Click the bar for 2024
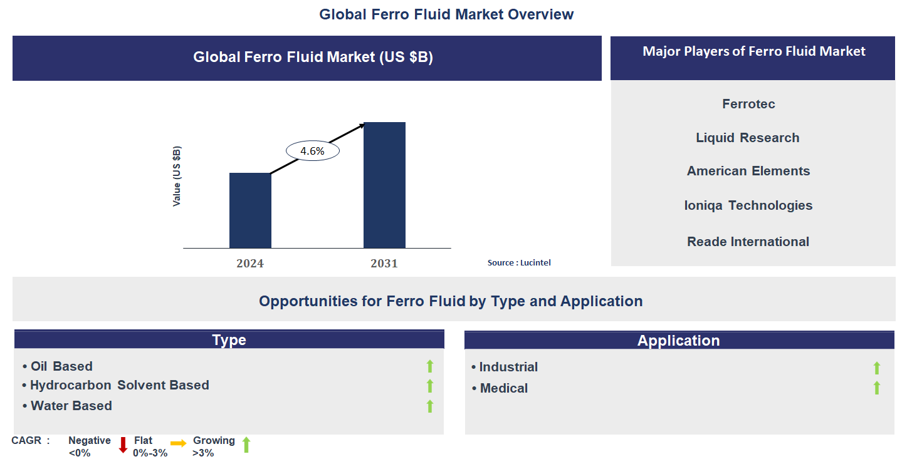point(250,210)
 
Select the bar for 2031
point(384,185)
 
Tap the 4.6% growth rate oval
point(312,151)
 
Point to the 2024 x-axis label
point(250,264)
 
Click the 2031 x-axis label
point(384,264)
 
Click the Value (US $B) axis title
point(177,176)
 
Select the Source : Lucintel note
point(519,263)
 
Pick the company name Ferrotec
point(748,104)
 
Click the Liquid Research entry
point(747,138)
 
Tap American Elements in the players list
point(748,171)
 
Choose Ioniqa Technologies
point(748,205)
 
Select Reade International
point(748,242)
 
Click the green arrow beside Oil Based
point(430,366)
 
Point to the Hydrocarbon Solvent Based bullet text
point(119,385)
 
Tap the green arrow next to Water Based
point(430,406)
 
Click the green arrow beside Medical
point(877,388)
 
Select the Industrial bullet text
point(508,367)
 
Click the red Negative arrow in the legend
point(123,445)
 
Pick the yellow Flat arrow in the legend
point(179,444)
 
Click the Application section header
point(679,341)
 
